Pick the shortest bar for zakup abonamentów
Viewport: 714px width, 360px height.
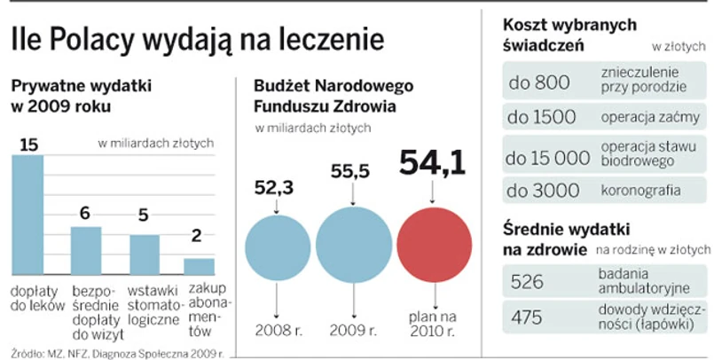pos(199,266)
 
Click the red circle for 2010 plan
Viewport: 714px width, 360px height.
pos(434,244)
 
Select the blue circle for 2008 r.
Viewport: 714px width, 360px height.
pos(278,247)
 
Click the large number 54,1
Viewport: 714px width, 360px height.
pos(433,163)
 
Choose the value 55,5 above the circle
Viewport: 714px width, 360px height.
pos(352,174)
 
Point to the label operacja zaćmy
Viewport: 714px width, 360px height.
pos(639,117)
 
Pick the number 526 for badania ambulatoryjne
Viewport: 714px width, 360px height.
pos(528,281)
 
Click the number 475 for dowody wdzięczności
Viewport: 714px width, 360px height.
pos(528,317)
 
